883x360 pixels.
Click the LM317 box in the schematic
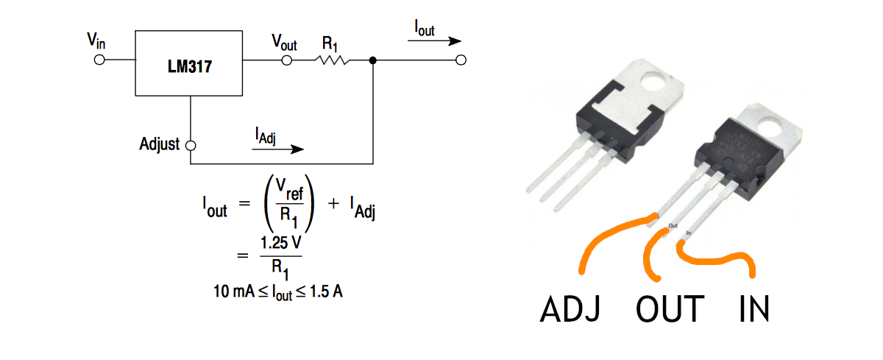[x=190, y=63]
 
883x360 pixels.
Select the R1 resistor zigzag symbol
[x=332, y=60]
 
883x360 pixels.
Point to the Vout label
[x=284, y=41]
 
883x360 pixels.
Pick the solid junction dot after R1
[x=373, y=60]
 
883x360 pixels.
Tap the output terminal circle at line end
[x=461, y=60]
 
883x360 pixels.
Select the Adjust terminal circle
[x=191, y=145]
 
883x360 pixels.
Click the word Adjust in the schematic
[x=159, y=144]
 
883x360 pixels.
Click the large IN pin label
[x=754, y=309]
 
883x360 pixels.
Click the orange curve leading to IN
[x=717, y=258]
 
